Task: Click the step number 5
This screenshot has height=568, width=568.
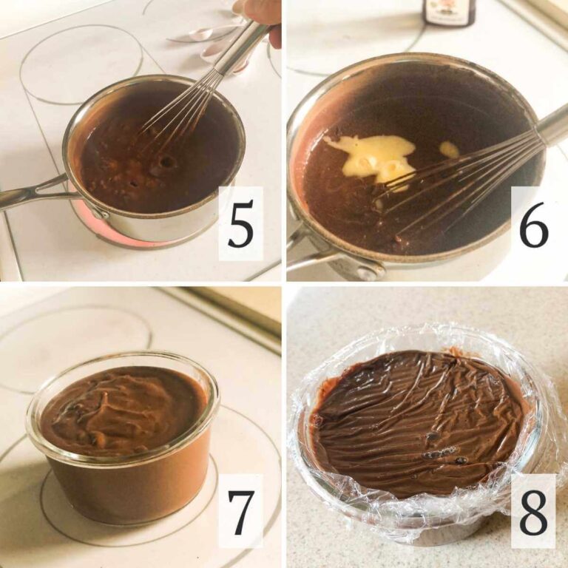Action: [241, 224]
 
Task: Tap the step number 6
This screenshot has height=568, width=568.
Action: [533, 224]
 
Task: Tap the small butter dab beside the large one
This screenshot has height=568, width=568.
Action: [450, 149]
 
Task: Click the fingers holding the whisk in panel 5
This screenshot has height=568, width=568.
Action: [265, 21]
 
